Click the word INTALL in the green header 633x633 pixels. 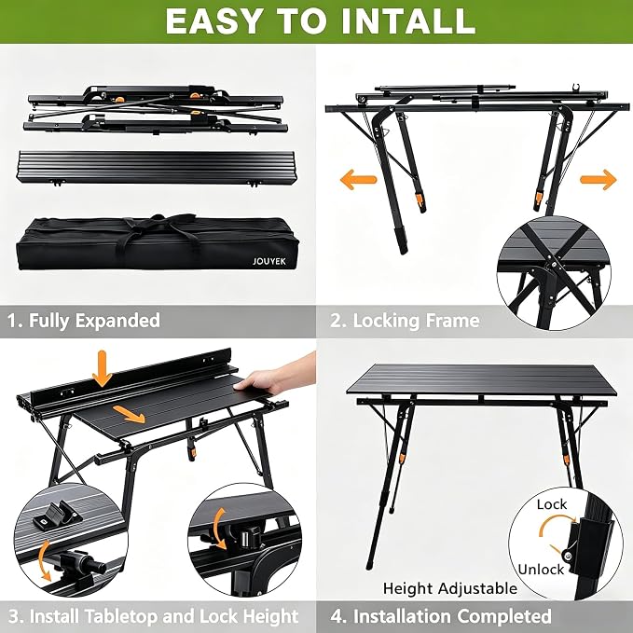[408, 21]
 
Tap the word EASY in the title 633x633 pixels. [213, 21]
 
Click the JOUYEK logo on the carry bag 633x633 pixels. [268, 261]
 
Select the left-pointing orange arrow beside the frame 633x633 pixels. [358, 179]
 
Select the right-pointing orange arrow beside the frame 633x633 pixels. [599, 179]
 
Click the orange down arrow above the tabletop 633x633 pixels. [103, 369]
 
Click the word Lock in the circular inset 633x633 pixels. [552, 504]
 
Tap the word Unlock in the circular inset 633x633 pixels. [541, 570]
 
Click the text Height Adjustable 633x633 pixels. [450, 588]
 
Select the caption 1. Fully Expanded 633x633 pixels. [84, 321]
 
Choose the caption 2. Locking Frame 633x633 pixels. [405, 321]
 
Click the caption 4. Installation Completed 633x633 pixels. [441, 616]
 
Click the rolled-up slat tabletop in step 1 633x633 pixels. [156, 167]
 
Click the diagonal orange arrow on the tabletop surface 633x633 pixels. [129, 415]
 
